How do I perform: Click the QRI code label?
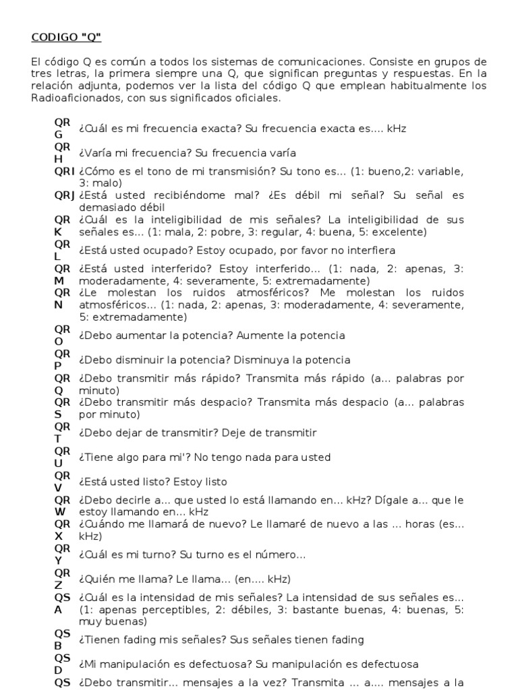[x=64, y=171]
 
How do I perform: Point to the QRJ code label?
[x=64, y=195]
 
